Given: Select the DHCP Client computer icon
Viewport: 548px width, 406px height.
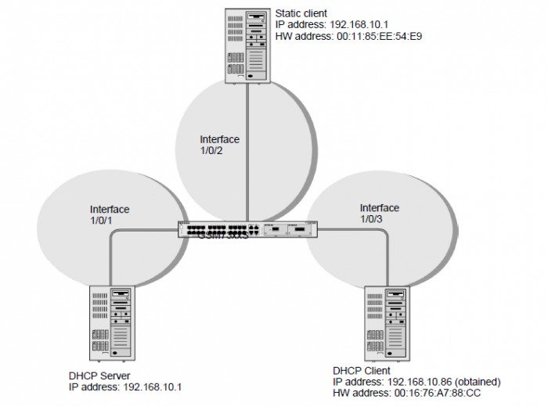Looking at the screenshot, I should point(389,323).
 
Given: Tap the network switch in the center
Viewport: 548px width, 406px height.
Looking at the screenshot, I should point(247,231).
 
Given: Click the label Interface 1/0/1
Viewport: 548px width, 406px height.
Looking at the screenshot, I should point(110,216).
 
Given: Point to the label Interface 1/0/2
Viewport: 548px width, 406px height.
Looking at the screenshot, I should point(219,146).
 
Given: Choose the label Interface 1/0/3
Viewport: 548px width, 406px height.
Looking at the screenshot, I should point(379,214).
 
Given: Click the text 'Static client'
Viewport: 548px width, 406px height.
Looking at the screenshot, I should point(301,13).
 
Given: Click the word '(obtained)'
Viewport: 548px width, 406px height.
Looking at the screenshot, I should point(473,381).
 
